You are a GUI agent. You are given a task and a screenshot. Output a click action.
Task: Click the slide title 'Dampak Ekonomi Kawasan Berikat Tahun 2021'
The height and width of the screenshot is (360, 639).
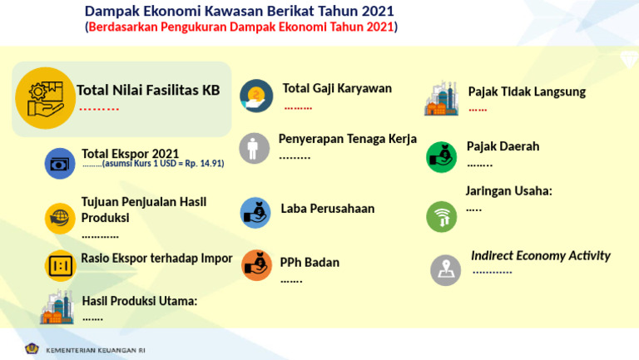pyautogui.click(x=240, y=11)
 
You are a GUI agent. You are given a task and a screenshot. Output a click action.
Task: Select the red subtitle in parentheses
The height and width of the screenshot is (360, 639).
pyautogui.click(x=241, y=27)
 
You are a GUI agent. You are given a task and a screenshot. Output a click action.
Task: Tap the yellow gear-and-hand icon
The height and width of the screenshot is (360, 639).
pyautogui.click(x=45, y=98)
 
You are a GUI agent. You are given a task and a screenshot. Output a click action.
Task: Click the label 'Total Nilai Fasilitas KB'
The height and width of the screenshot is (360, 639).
pyautogui.click(x=148, y=91)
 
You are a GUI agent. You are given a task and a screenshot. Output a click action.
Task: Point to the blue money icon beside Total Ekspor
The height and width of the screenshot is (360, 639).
pyautogui.click(x=60, y=163)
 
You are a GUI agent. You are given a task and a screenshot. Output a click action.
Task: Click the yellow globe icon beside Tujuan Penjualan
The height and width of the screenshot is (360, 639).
pyautogui.click(x=60, y=218)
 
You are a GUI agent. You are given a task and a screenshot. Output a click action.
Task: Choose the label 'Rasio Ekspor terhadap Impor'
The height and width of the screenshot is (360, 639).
pyautogui.click(x=156, y=258)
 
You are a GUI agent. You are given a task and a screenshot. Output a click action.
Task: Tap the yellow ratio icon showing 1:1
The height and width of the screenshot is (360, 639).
pyautogui.click(x=60, y=265)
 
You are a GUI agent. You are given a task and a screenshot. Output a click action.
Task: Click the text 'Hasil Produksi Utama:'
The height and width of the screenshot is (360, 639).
pyautogui.click(x=139, y=301)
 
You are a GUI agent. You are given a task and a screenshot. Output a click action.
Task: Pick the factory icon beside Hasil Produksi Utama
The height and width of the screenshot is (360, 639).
pyautogui.click(x=57, y=307)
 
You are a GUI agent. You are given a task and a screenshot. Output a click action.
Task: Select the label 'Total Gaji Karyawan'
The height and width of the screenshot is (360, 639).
pyautogui.click(x=337, y=89)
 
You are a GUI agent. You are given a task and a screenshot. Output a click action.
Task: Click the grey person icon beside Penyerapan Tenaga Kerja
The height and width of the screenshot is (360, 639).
pyautogui.click(x=255, y=148)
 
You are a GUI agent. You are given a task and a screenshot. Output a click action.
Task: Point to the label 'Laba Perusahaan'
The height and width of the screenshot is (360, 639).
pyautogui.click(x=327, y=209)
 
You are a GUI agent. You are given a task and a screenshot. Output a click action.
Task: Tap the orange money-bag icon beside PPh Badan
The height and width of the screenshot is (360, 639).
pyautogui.click(x=256, y=264)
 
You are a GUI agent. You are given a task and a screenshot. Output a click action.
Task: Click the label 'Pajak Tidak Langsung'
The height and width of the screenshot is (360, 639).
pyautogui.click(x=527, y=91)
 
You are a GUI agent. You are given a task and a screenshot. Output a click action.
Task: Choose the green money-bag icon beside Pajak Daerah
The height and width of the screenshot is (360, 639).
pyautogui.click(x=442, y=156)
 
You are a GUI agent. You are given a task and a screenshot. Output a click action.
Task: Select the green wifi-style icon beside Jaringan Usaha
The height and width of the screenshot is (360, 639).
pyautogui.click(x=442, y=217)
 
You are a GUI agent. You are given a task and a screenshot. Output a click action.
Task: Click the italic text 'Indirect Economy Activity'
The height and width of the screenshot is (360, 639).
pyautogui.click(x=541, y=255)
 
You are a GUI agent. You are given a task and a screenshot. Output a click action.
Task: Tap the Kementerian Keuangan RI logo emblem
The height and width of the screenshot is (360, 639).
pyautogui.click(x=32, y=349)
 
